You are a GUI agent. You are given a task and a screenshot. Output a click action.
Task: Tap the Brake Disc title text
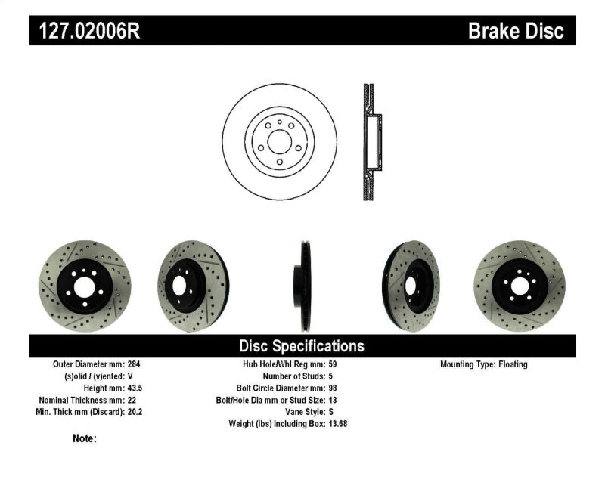pos(516,32)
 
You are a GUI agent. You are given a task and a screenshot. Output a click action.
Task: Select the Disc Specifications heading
pos(302,346)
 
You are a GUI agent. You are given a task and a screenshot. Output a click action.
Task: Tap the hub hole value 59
pos(334,364)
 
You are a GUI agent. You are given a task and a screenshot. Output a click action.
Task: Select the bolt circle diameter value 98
pos(334,388)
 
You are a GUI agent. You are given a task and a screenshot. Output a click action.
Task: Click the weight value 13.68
pos(338,424)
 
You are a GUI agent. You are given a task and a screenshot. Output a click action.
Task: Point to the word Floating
pos(513,364)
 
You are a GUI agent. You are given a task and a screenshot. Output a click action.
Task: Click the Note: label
pos(85,438)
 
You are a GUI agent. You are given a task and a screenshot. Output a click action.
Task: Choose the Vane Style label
pos(302,412)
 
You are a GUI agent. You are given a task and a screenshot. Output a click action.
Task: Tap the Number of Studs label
pos(293,376)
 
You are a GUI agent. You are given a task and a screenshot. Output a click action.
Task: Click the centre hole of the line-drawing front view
pos(278,141)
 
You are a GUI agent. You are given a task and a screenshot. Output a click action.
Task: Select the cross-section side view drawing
pos(371,141)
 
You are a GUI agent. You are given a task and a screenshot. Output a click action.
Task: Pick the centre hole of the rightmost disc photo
pos(520,286)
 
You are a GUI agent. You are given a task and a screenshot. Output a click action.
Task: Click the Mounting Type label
pos(467,364)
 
